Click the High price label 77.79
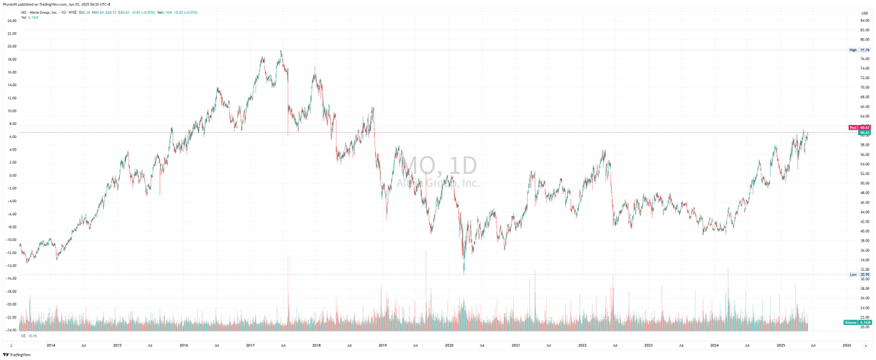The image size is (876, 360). [864, 50]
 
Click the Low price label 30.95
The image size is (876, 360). [864, 275]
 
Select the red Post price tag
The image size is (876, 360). [853, 127]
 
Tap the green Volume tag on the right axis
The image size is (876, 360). [850, 322]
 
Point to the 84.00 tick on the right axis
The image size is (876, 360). [864, 21]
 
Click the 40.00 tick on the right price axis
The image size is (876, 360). [864, 231]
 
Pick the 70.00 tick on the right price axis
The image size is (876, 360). [864, 88]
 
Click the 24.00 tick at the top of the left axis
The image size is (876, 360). [12, 21]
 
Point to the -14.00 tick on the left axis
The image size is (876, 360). [12, 266]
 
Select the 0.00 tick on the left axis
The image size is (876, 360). [12, 175]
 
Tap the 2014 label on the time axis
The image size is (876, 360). [50, 344]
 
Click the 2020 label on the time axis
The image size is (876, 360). [449, 344]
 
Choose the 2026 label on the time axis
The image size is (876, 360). [847, 344]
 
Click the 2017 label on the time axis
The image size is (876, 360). [250, 344]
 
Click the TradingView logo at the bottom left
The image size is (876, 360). [16, 355]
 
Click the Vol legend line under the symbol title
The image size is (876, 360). [28, 17]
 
